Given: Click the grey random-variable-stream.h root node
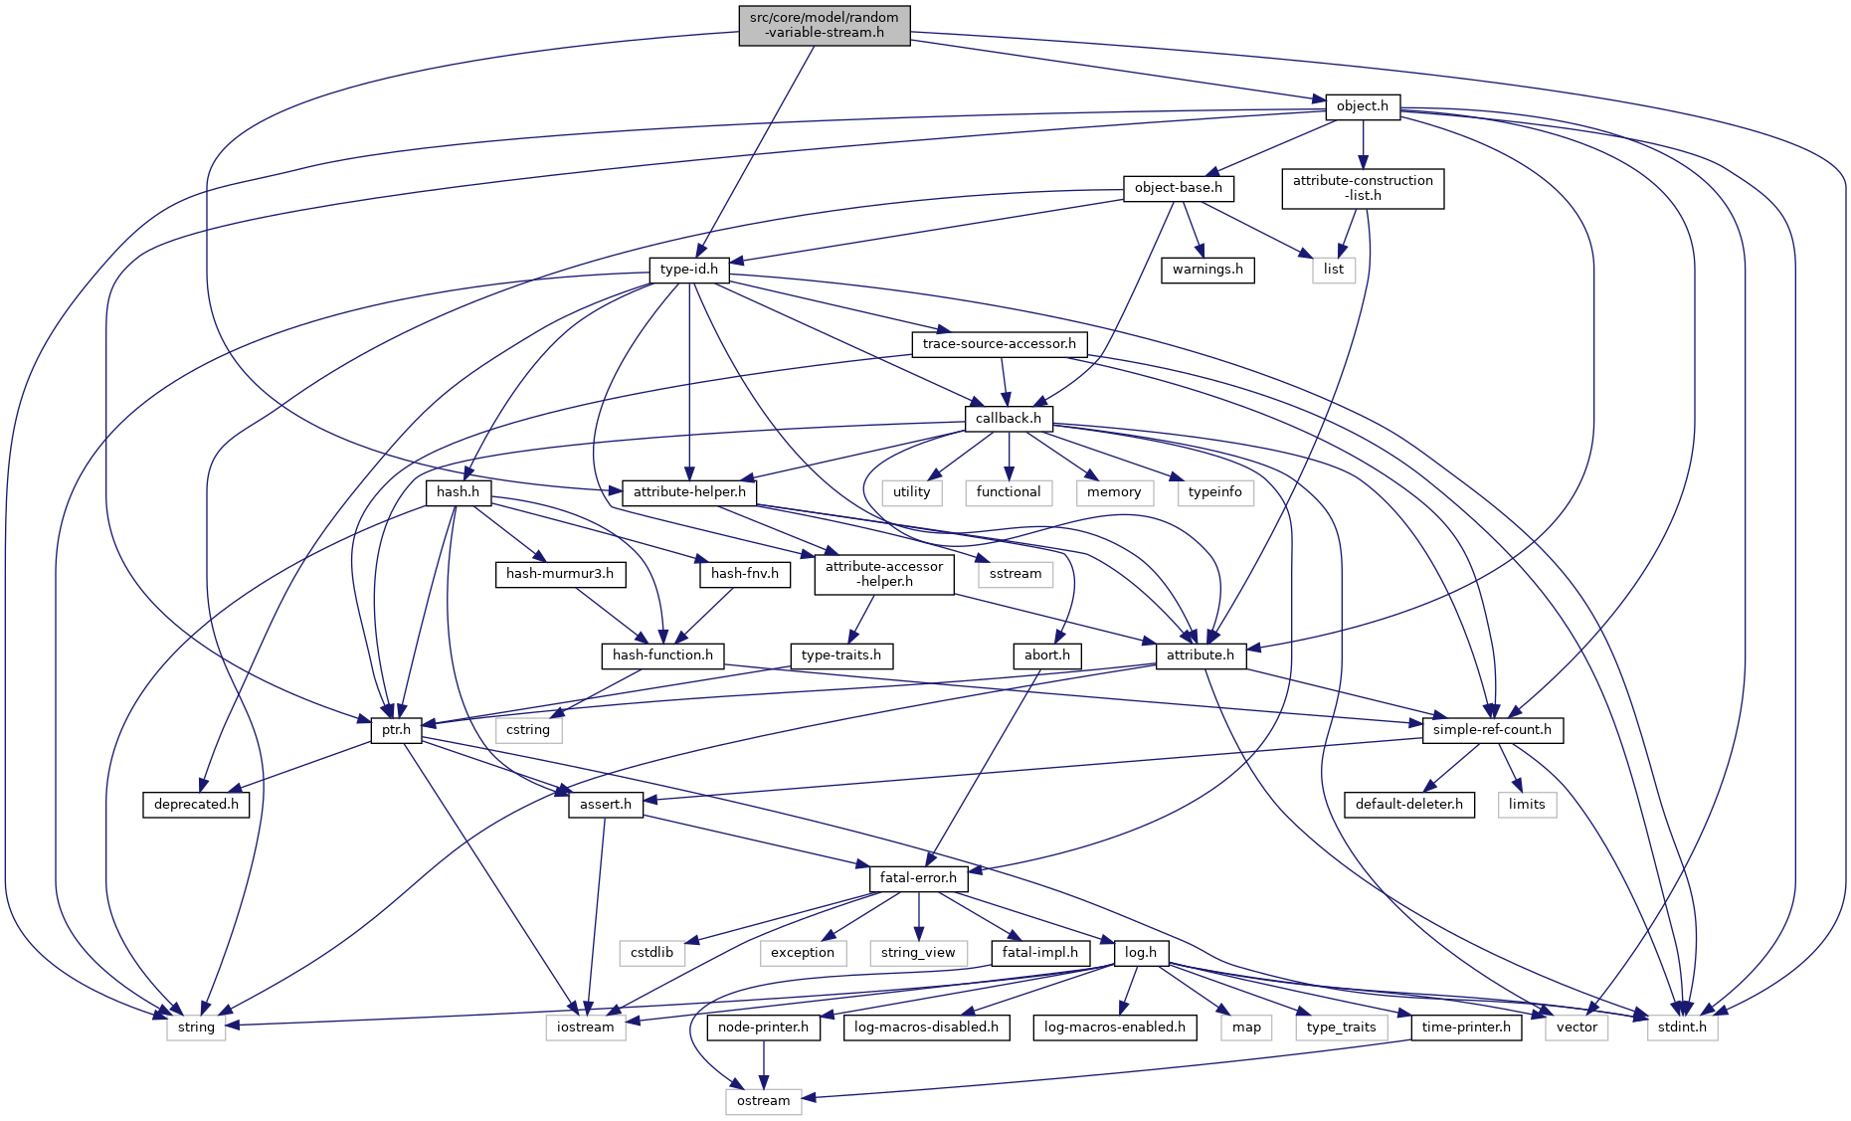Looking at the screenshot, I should (825, 25).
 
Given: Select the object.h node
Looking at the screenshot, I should (1362, 106).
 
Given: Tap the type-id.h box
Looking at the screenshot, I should (688, 270).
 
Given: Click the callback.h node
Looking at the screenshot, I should (1008, 419).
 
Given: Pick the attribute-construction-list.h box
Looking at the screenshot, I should (1362, 188).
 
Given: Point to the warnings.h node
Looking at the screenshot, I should (1207, 270).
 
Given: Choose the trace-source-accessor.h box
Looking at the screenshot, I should (999, 344).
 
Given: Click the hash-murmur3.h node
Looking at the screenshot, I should (560, 574).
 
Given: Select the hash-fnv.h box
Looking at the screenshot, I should (744, 574).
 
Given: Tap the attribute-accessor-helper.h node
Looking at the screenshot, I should (883, 574).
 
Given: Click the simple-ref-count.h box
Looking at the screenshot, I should (1492, 730).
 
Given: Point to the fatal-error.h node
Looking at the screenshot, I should (918, 878).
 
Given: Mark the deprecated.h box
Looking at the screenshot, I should (196, 804).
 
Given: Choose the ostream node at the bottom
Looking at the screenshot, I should (763, 1101).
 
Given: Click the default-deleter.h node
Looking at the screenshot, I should (1408, 804).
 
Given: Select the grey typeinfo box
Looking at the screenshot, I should (1214, 492).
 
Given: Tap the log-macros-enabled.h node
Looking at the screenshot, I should (1114, 1028).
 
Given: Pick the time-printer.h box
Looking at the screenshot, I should (1465, 1028).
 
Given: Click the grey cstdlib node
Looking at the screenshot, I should (651, 953).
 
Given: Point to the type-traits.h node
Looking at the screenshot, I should (840, 655).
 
